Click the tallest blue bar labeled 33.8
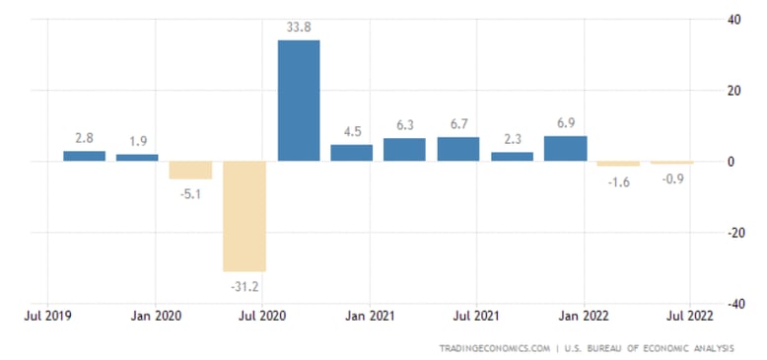(x=299, y=101)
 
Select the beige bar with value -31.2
(x=244, y=216)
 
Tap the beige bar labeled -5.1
(x=190, y=170)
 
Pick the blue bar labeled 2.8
(x=84, y=156)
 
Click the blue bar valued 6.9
(x=565, y=148)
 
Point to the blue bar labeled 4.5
(x=351, y=153)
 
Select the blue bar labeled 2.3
(x=512, y=156)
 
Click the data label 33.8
(x=299, y=28)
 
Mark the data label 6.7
(x=458, y=124)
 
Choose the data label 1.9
(x=137, y=141)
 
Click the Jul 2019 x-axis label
(x=47, y=318)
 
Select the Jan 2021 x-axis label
(x=369, y=318)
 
